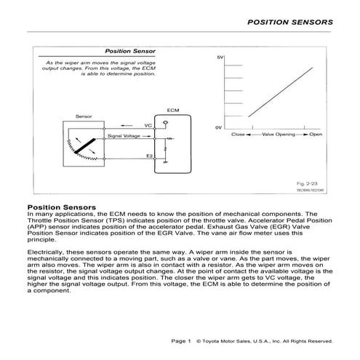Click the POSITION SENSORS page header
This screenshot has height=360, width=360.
click(x=290, y=22)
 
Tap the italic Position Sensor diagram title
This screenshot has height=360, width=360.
click(x=128, y=52)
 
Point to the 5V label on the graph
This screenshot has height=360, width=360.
click(x=220, y=57)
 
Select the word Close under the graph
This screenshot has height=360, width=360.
click(x=238, y=135)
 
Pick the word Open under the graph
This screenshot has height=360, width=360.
click(x=315, y=135)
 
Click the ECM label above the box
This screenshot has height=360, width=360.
click(x=172, y=110)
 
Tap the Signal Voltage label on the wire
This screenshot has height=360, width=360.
click(x=124, y=136)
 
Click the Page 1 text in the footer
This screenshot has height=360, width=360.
click(x=180, y=340)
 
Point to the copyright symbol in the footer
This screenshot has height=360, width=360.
click(x=200, y=340)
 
